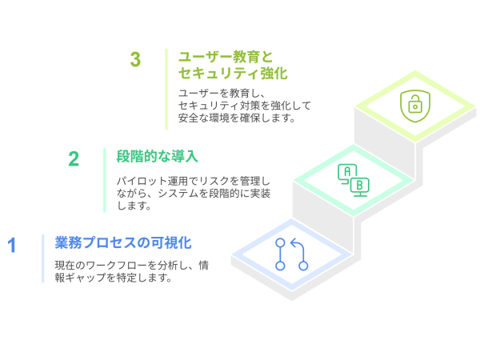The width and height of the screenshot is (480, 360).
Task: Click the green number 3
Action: coord(135,60)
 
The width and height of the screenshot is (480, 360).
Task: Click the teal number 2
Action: coord(74,158)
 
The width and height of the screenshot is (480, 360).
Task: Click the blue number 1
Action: coord(12,245)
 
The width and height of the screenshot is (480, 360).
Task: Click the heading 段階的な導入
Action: coord(157,155)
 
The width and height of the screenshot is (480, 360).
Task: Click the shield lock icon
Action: coord(414,106)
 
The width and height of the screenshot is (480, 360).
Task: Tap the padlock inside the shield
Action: coord(414,106)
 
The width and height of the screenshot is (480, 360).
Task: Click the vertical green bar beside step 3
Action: coord(166,88)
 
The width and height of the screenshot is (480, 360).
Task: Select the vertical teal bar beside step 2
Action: coord(105,180)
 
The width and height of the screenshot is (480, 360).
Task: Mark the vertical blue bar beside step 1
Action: coord(43,258)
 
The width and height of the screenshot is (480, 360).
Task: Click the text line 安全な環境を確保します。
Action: coord(237,118)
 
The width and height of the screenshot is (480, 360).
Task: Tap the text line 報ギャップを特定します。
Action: coord(113,278)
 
